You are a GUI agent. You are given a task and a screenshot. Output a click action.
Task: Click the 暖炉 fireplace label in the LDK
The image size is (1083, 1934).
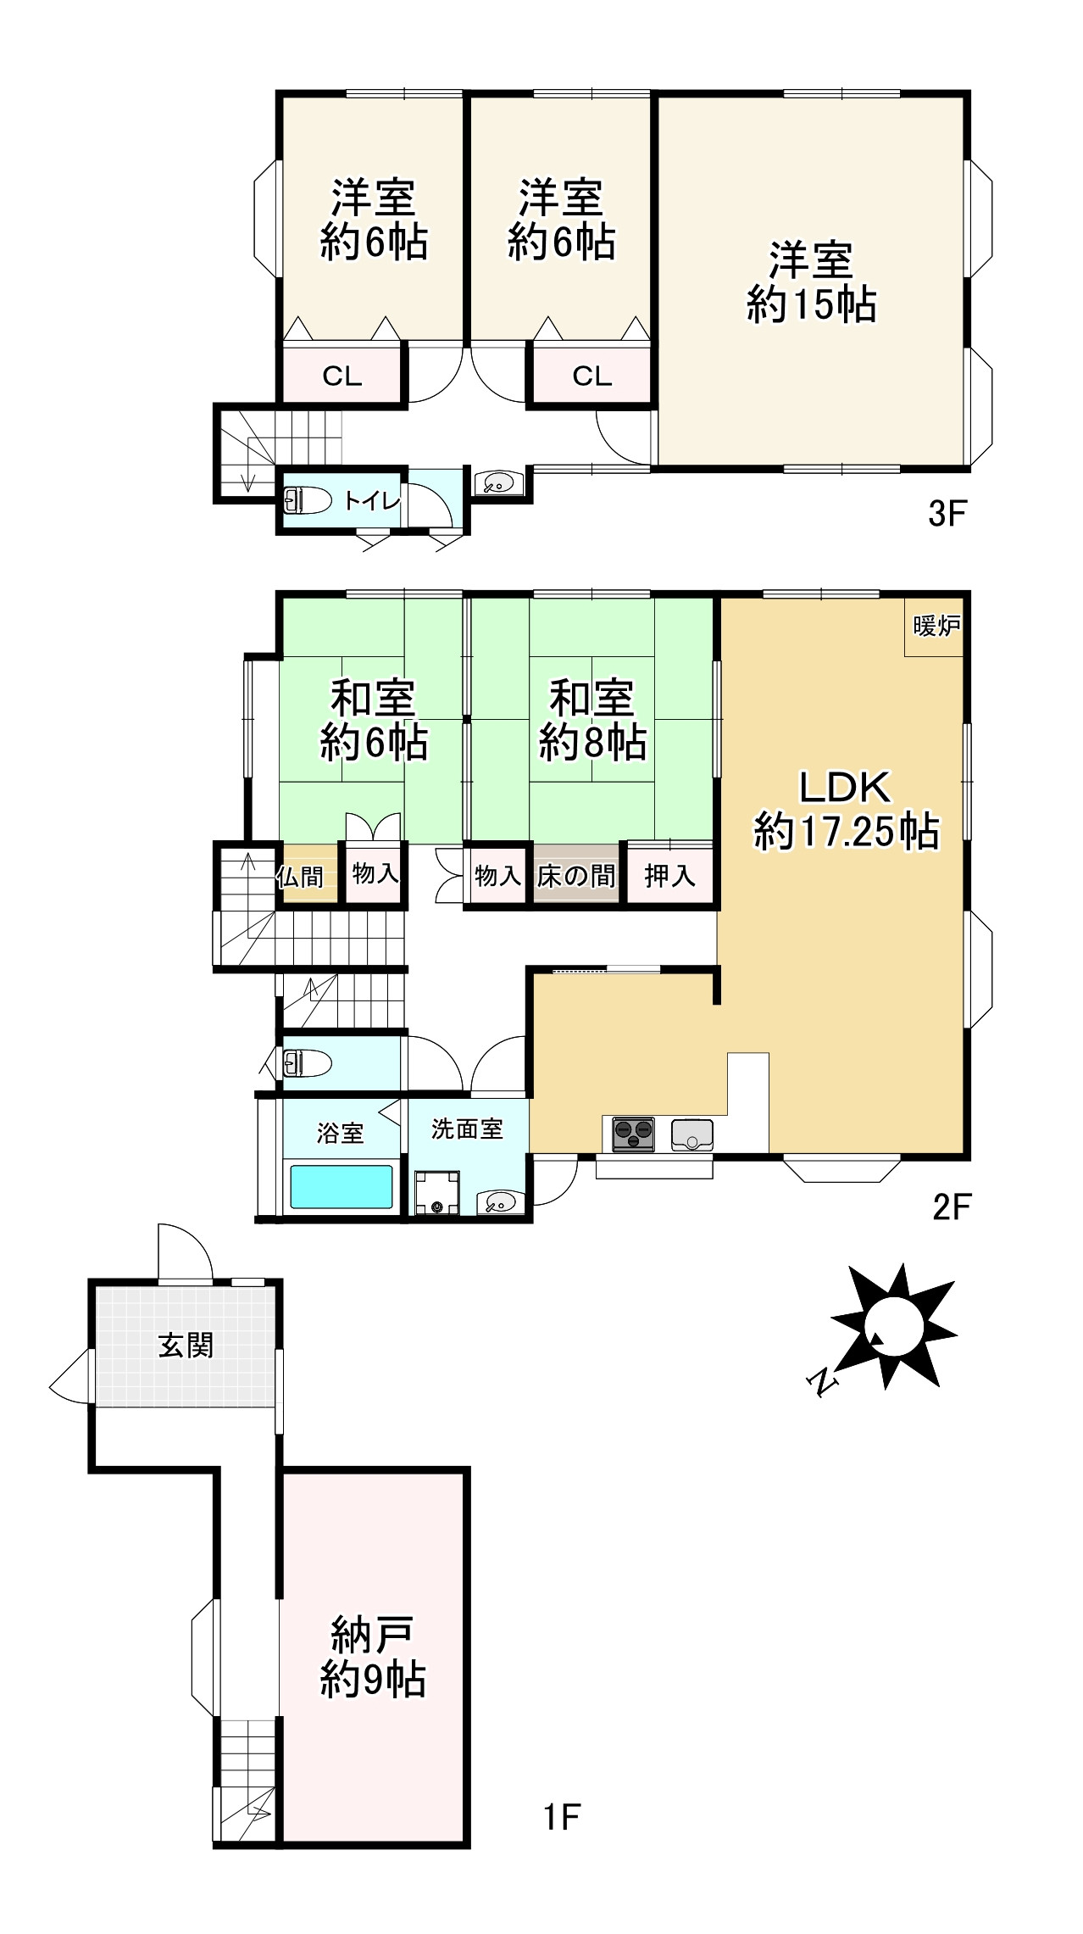pos(936,627)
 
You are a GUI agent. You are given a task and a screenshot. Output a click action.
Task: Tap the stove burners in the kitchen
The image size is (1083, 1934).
pos(633,1134)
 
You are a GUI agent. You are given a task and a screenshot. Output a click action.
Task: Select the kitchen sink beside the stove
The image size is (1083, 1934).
pos(692,1134)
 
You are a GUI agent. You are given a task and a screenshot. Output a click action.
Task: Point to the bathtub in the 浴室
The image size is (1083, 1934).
pos(342,1186)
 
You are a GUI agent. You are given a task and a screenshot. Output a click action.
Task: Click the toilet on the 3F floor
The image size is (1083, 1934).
pos(307,500)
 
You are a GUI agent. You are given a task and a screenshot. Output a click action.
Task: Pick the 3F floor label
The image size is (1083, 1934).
pos(947,514)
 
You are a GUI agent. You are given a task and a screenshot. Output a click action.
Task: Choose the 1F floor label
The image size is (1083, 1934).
pos(562,1816)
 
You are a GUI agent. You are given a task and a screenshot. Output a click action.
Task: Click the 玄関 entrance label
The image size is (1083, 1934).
pos(186,1345)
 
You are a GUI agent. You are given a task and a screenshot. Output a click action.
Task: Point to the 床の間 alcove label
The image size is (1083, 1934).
pos(576,876)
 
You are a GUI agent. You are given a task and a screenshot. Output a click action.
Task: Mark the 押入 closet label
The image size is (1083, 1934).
pos(669,876)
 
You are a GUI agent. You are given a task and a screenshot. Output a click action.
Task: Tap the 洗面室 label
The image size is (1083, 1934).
pos(467,1129)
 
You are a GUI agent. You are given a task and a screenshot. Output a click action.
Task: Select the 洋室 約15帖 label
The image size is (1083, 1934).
pos(811,282)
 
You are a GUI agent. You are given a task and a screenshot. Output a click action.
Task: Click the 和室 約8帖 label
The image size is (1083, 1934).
pos(592,720)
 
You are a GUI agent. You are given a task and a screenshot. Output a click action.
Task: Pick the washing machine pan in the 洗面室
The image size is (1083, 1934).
pos(437,1193)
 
